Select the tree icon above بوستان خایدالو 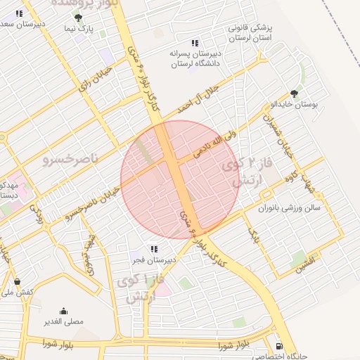[x=294, y=94]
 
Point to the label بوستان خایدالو [x=295, y=105]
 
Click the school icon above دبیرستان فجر [x=154, y=249]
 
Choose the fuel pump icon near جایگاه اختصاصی [x=280, y=346]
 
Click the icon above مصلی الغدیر [x=64, y=311]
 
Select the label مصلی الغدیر [x=64, y=322]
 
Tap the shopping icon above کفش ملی [x=17, y=281]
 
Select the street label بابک [x=251, y=238]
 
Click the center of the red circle [x=180, y=179]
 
